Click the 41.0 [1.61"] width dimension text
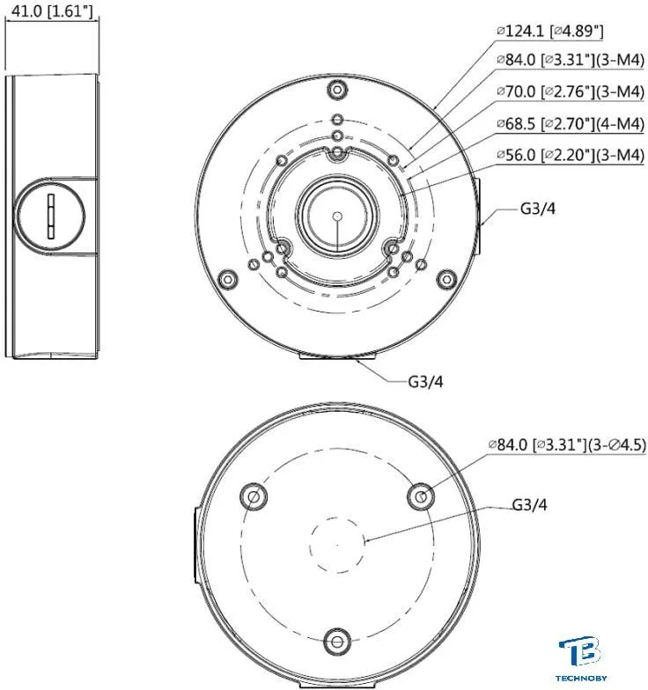(x=52, y=11)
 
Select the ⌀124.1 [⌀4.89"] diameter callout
(x=549, y=31)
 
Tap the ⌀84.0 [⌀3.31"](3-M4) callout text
(x=571, y=60)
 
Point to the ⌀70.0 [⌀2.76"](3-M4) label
(x=571, y=92)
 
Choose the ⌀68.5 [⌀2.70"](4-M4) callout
(x=571, y=123)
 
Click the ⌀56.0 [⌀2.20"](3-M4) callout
(x=571, y=155)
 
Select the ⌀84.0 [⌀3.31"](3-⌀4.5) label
(x=567, y=444)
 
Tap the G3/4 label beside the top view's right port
(x=537, y=208)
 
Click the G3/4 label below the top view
(x=425, y=382)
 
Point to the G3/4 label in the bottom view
(x=530, y=505)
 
